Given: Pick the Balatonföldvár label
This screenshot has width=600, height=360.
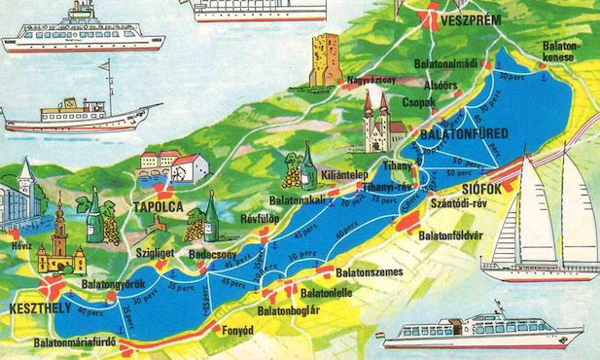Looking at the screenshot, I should click(x=455, y=234).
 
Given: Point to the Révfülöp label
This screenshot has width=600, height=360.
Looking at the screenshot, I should click(x=260, y=219).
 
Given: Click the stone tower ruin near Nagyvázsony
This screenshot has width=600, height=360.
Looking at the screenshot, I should click(x=325, y=59).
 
